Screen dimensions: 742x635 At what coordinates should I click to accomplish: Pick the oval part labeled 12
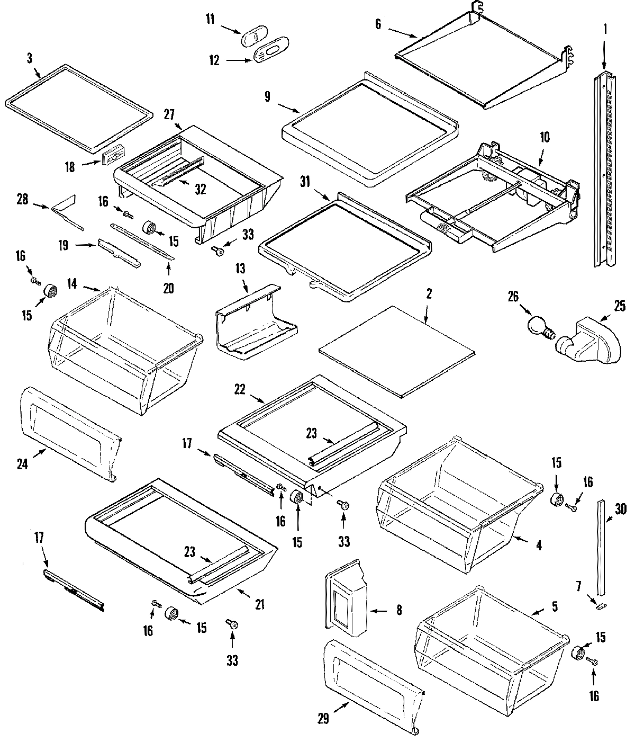(x=270, y=52)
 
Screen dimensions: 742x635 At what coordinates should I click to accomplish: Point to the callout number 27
(x=169, y=114)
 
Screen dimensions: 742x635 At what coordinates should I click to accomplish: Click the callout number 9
(x=267, y=96)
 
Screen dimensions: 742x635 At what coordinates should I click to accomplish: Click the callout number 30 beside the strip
(x=620, y=510)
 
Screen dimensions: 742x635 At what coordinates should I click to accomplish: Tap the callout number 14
(x=72, y=284)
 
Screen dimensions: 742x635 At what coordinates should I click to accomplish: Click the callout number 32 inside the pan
(x=199, y=189)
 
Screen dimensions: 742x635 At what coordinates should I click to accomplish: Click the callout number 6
(x=378, y=24)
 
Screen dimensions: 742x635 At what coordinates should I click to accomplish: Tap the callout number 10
(x=545, y=138)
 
